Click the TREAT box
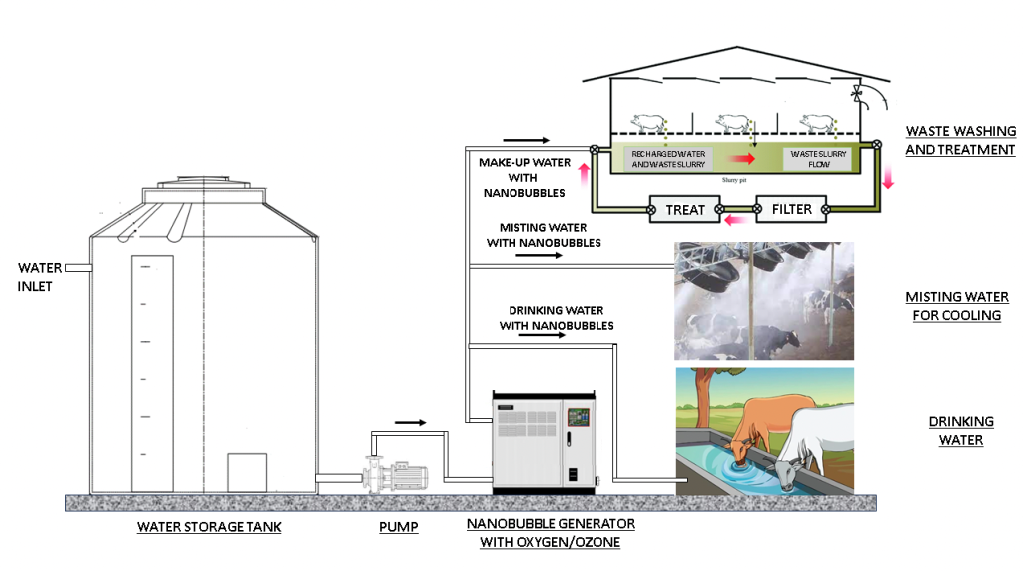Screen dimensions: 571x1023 [685, 210]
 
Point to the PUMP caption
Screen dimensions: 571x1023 [398, 526]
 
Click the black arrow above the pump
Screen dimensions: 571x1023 [410, 422]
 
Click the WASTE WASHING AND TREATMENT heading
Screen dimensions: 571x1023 [960, 141]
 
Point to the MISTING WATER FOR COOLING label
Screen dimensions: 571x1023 [953, 306]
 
